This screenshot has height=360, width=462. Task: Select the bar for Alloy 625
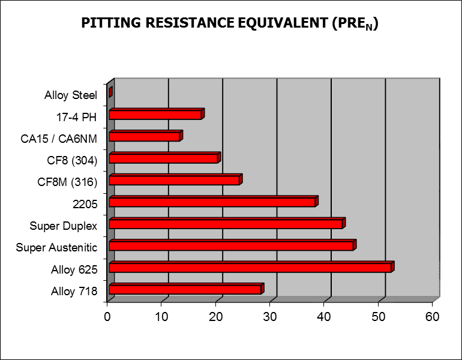(x=250, y=267)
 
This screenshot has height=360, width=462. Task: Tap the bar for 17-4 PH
(x=155, y=115)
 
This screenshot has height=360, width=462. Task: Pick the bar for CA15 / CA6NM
(x=145, y=136)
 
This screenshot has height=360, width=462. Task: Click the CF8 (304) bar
(x=164, y=158)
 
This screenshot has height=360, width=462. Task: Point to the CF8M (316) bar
(x=175, y=180)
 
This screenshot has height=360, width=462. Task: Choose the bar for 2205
(x=212, y=202)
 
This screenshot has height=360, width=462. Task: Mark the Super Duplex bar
(x=226, y=224)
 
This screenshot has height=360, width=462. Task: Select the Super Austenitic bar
(x=232, y=245)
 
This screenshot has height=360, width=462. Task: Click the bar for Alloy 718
(x=185, y=289)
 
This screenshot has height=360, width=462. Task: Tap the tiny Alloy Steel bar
(x=110, y=92)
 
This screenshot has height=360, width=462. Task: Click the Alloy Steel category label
(x=71, y=95)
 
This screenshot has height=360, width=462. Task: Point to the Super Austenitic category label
(x=56, y=247)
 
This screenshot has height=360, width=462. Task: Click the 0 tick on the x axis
(x=107, y=316)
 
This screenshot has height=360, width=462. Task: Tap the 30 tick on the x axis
(x=270, y=316)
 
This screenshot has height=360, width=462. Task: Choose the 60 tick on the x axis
(x=433, y=316)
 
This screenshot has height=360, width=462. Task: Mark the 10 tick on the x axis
(x=161, y=316)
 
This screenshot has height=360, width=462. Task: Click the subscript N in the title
(x=370, y=28)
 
